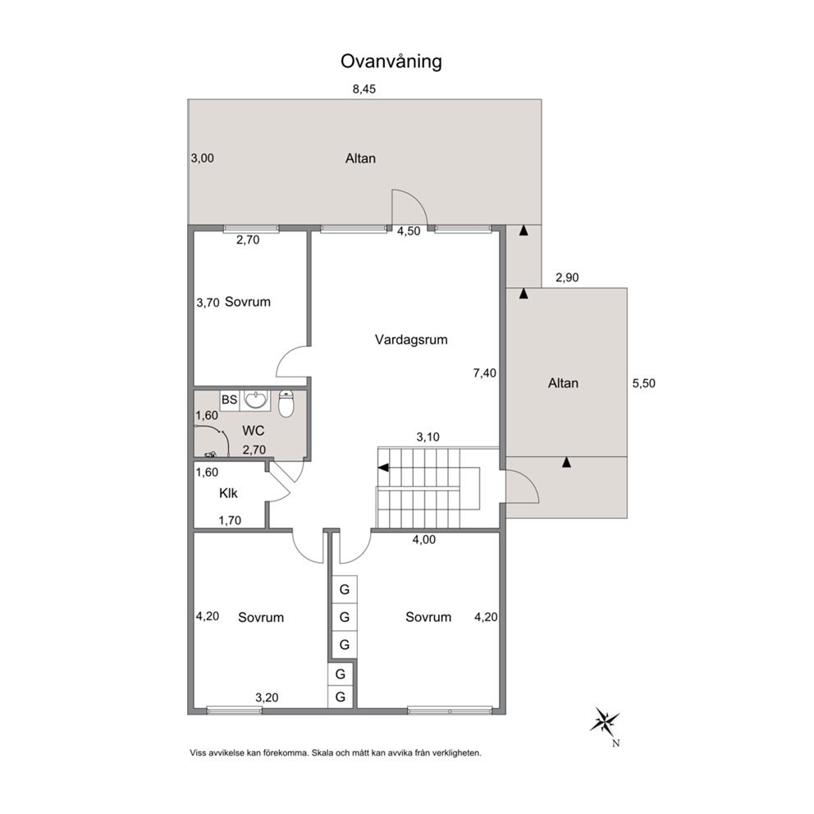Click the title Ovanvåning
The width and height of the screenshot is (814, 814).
(391, 62)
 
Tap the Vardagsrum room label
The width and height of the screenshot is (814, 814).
(411, 340)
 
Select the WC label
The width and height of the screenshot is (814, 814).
(254, 430)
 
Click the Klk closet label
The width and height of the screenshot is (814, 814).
(228, 493)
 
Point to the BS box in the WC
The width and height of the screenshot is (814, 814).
(230, 400)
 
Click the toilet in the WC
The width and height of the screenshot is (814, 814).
(286, 404)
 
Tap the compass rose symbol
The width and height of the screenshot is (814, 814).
(605, 720)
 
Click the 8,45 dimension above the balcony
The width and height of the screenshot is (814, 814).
(364, 89)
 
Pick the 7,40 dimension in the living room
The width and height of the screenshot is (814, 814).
(485, 373)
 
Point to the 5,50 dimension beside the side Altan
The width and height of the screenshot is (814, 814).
(643, 384)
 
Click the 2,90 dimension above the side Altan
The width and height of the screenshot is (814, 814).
(567, 277)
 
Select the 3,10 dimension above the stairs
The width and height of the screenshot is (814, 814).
(428, 437)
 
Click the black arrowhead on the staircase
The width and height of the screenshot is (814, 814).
(383, 468)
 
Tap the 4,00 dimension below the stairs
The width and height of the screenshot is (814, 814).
(424, 540)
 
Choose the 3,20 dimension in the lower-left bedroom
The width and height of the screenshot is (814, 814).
(267, 697)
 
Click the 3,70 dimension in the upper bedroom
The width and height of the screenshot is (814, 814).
(208, 303)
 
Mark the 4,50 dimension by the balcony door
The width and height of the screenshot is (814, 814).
(409, 231)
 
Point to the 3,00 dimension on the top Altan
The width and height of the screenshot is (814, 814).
(203, 158)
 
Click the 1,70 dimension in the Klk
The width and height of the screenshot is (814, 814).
(230, 520)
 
